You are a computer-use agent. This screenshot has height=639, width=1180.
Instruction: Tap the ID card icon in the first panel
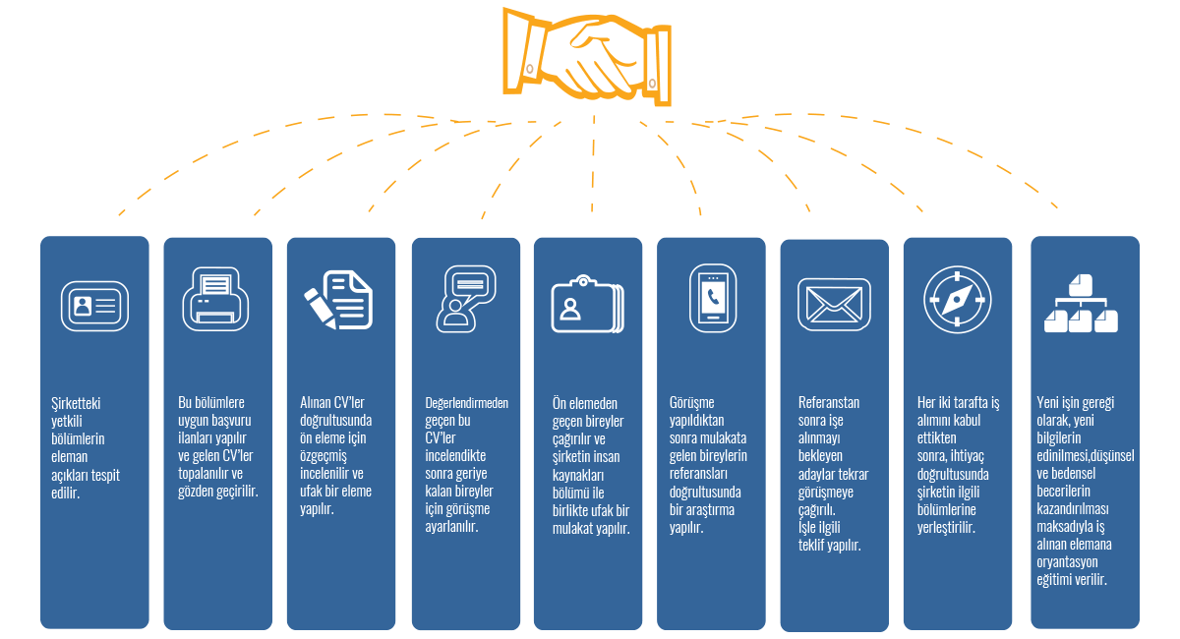pyautogui.click(x=94, y=305)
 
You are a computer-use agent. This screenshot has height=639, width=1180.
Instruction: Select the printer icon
pyautogui.click(x=217, y=299)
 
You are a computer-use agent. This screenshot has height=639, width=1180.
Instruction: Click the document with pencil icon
pyautogui.click(x=339, y=298)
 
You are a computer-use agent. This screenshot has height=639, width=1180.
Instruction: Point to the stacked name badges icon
pyautogui.click(x=587, y=305)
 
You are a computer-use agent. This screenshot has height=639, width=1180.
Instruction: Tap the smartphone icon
pyautogui.click(x=710, y=298)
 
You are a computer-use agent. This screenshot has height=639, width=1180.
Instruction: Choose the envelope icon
pyautogui.click(x=833, y=301)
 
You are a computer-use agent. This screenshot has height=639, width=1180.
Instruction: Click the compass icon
pyautogui.click(x=957, y=300)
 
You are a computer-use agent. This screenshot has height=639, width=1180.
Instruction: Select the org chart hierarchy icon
pyautogui.click(x=1080, y=304)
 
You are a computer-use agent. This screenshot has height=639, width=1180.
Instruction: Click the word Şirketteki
pyautogui.click(x=77, y=403)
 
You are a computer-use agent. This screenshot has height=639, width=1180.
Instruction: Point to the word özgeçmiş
pyautogui.click(x=324, y=456)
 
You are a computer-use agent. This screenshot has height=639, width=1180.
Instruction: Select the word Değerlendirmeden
pyautogui.click(x=466, y=403)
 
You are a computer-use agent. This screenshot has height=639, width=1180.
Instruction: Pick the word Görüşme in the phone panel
pyautogui.click(x=692, y=403)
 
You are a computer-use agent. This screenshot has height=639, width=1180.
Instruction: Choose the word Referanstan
pyautogui.click(x=829, y=403)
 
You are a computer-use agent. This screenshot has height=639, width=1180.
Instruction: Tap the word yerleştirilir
pyautogui.click(x=945, y=528)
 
